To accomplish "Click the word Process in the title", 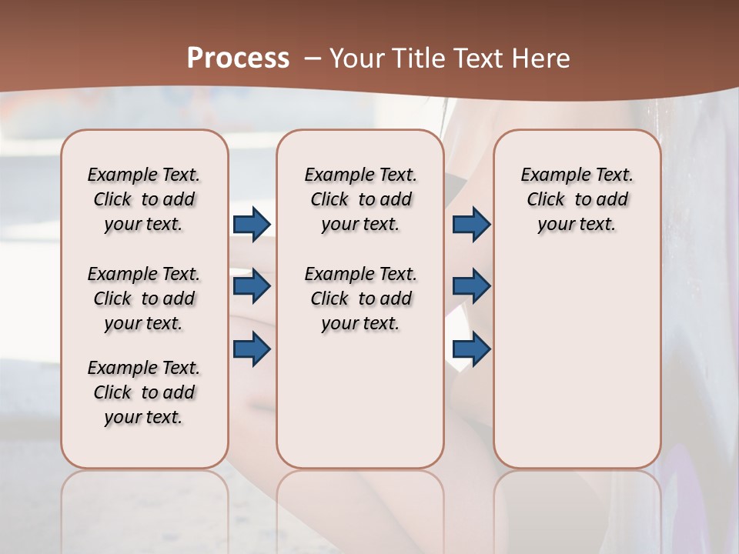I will pyautogui.click(x=238, y=58).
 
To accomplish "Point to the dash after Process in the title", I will pyautogui.click(x=313, y=58).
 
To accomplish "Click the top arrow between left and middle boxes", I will pyautogui.click(x=252, y=225).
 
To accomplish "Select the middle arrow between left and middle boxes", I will pyautogui.click(x=252, y=287).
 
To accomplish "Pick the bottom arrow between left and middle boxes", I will pyautogui.click(x=252, y=349).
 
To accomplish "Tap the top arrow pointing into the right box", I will pyautogui.click(x=471, y=225).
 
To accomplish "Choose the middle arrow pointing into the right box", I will pyautogui.click(x=471, y=287).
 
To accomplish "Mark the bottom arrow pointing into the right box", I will pyautogui.click(x=471, y=349).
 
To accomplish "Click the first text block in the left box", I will pyautogui.click(x=144, y=199).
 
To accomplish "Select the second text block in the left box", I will pyautogui.click(x=144, y=299).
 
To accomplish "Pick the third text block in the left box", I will pyautogui.click(x=144, y=392).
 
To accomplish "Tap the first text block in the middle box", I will pyautogui.click(x=360, y=199).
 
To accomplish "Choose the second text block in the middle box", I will pyautogui.click(x=360, y=299).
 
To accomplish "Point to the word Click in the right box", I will pyautogui.click(x=546, y=199).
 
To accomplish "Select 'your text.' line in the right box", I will pyautogui.click(x=577, y=224).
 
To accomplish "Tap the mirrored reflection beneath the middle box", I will pyautogui.click(x=360, y=508).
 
